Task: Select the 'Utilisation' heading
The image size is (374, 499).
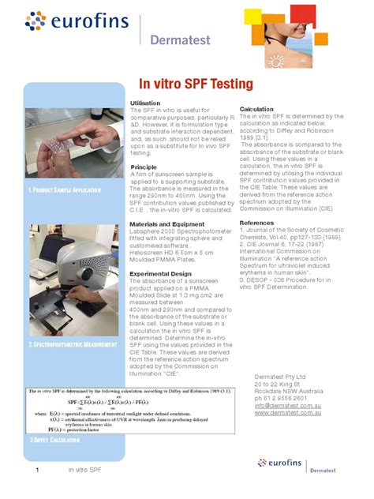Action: [x=144, y=103]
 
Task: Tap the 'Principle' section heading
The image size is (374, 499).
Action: [x=143, y=167]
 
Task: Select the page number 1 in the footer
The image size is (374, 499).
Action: [x=36, y=471]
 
